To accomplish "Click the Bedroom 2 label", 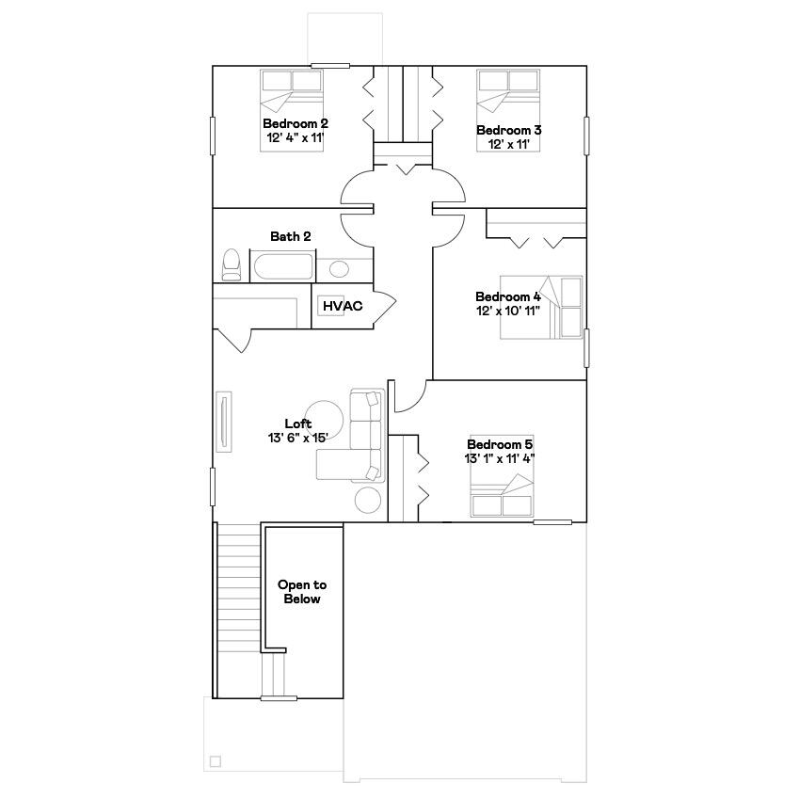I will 295,123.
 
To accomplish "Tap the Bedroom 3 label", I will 508,130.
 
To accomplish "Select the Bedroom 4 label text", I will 508,296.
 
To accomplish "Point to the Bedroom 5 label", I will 500,444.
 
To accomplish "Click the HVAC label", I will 343,306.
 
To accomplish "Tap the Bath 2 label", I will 290,236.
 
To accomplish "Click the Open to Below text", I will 301,592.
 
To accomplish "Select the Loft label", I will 298,423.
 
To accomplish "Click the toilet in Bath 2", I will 231,264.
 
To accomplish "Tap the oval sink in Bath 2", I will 339,269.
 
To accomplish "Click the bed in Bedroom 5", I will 503,496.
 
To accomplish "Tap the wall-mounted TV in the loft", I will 225,424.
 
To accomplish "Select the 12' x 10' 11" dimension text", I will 508,311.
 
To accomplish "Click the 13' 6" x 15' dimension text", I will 298,438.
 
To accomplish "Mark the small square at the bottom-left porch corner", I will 216,761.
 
